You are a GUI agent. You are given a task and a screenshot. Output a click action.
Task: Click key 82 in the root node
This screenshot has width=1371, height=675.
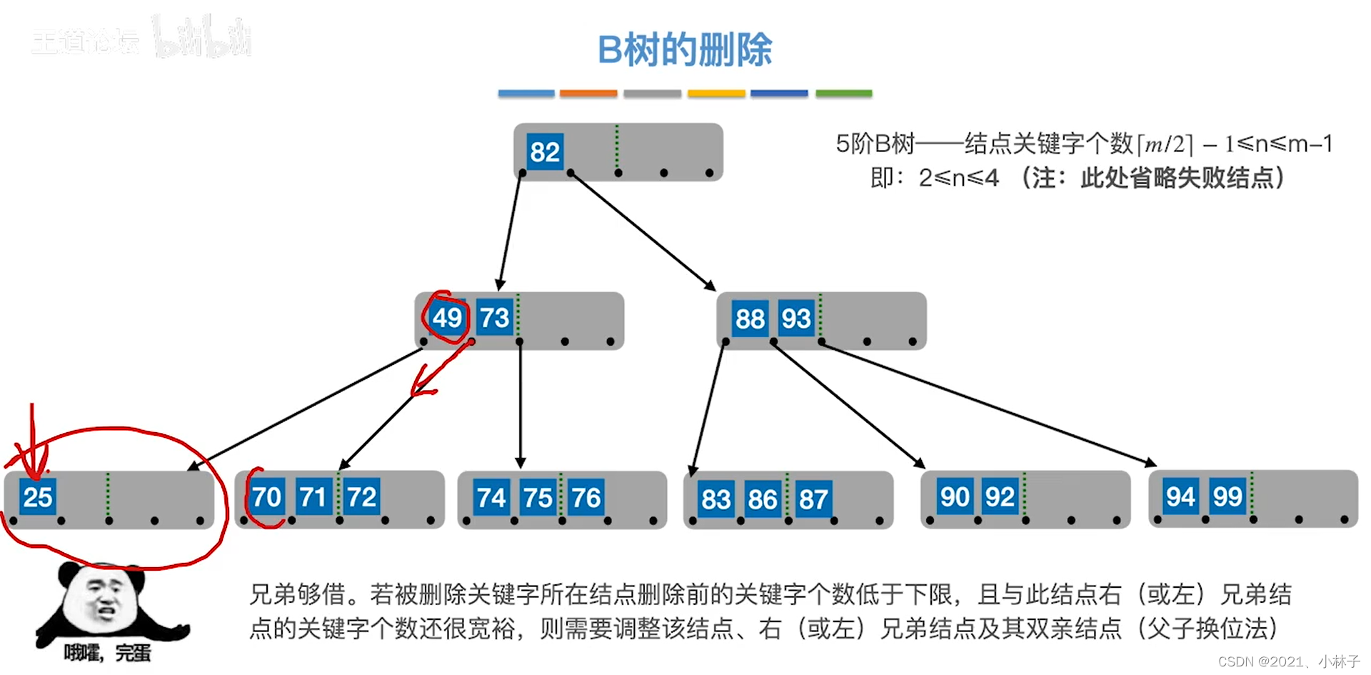(x=544, y=152)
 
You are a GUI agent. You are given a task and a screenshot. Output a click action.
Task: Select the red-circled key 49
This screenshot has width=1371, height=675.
(x=447, y=318)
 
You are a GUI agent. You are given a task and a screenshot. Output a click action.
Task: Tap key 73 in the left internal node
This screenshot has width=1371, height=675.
(x=494, y=318)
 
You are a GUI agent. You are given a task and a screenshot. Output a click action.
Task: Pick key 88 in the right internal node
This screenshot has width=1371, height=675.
(x=750, y=319)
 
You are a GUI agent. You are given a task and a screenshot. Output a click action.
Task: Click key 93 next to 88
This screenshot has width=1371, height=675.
(x=795, y=319)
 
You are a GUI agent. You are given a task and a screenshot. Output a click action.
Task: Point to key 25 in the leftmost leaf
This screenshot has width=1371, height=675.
(x=37, y=497)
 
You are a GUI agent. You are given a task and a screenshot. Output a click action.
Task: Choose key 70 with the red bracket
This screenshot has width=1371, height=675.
(x=266, y=497)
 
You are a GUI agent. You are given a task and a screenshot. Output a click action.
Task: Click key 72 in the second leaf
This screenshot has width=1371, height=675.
(x=361, y=497)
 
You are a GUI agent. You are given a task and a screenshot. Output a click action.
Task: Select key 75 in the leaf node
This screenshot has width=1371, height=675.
(x=538, y=498)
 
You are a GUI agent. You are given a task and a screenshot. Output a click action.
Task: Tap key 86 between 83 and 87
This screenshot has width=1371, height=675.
(x=762, y=499)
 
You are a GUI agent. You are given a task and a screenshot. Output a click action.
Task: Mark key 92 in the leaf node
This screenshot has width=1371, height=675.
(x=999, y=497)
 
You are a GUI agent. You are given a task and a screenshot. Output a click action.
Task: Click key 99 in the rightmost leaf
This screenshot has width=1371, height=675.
(x=1227, y=496)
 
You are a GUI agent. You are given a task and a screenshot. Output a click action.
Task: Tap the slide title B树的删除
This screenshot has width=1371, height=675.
(x=685, y=50)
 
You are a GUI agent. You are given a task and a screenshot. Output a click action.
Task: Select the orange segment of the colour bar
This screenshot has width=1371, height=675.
(x=588, y=94)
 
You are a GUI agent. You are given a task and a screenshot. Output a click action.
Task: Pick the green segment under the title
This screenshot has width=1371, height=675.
(x=843, y=94)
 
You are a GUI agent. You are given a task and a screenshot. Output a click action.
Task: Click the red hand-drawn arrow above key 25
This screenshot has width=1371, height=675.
(x=32, y=443)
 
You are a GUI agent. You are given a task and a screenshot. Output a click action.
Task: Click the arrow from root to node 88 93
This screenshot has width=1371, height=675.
(x=643, y=231)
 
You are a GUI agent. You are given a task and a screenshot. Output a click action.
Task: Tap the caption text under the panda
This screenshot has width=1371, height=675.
(x=107, y=653)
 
